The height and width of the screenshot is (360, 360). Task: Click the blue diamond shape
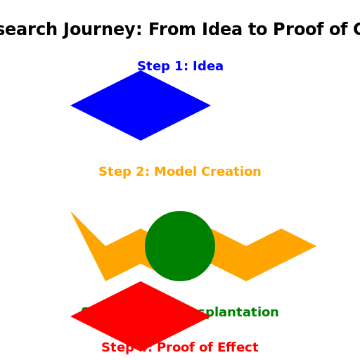tap(141, 105)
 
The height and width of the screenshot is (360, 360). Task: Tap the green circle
tap(180, 246)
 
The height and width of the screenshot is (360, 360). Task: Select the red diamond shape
tap(141, 316)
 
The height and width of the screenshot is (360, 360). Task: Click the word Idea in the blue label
tap(208, 66)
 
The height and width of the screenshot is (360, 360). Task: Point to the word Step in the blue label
tap(152, 66)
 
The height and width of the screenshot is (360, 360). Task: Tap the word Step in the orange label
tap(113, 172)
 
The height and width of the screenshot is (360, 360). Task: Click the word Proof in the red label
tap(177, 347)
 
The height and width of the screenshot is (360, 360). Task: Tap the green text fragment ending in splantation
tap(240, 312)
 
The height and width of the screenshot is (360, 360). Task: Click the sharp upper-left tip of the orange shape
tap(71, 212)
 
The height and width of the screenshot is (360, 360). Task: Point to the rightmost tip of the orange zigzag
tap(315, 246)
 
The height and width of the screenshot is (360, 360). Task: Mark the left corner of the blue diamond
tap(72, 105)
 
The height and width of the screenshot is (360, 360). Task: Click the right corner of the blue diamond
tap(210, 105)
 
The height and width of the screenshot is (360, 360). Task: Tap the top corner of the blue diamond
tap(141, 72)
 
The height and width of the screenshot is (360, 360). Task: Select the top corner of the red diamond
tap(141, 283)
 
